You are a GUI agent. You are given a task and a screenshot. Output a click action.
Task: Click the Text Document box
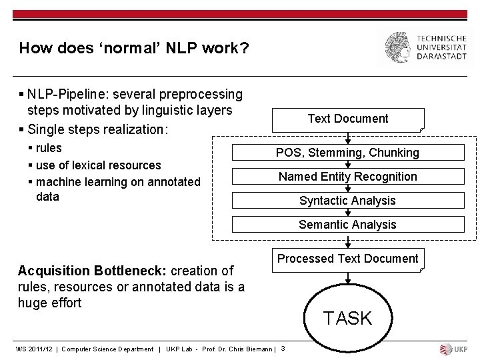pyautogui.click(x=347, y=119)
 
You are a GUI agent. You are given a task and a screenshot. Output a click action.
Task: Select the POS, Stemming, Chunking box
pyautogui.click(x=347, y=153)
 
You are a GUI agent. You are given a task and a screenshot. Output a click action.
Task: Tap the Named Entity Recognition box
pyautogui.click(x=347, y=177)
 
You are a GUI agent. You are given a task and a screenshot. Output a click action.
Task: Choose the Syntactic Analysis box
pyautogui.click(x=347, y=201)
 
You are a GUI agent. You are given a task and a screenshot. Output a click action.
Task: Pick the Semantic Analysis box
pyautogui.click(x=347, y=225)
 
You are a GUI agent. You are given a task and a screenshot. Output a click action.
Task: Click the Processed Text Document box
pyautogui.click(x=347, y=259)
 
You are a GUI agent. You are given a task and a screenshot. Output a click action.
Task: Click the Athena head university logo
pyautogui.click(x=399, y=47)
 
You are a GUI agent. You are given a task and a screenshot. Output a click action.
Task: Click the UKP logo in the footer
pyautogui.click(x=455, y=349)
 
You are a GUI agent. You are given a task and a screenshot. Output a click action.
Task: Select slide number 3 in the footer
pyautogui.click(x=283, y=349)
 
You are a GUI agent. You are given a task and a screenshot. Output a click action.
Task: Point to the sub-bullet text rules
pyautogui.click(x=49, y=148)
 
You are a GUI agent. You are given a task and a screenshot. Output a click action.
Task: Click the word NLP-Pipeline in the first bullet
pyautogui.click(x=65, y=95)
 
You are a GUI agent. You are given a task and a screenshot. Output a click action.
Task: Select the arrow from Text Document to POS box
pyautogui.click(x=347, y=137)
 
